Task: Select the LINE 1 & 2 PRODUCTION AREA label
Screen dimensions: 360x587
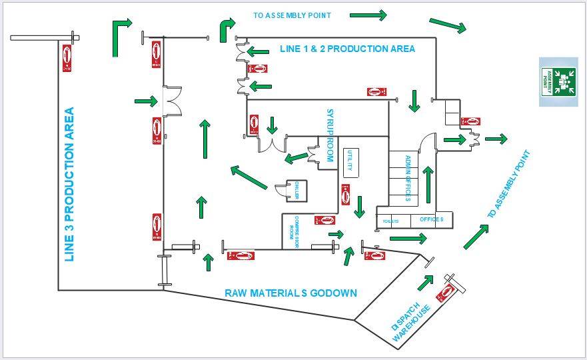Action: click(346, 49)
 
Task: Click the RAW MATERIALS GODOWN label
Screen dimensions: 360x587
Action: click(291, 293)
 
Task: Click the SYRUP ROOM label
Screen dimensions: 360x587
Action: click(328, 135)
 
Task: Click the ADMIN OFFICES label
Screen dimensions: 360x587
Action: click(408, 178)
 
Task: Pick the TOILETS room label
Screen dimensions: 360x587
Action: click(390, 221)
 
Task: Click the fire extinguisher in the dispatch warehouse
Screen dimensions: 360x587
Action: click(446, 292)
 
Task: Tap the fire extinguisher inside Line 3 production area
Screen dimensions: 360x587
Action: click(67, 59)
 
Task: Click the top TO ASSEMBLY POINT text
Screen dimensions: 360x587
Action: click(293, 15)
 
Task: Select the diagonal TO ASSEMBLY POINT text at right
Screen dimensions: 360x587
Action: click(510, 185)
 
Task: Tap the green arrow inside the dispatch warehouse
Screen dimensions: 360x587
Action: click(424, 282)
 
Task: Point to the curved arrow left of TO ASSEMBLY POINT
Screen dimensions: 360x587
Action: click(227, 29)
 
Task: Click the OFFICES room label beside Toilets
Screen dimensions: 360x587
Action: click(431, 219)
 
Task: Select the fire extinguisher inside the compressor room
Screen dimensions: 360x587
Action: click(324, 219)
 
